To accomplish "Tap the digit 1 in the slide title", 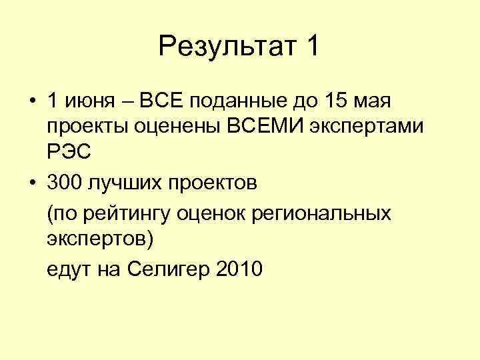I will [311, 47].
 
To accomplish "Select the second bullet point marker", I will [31, 181].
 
